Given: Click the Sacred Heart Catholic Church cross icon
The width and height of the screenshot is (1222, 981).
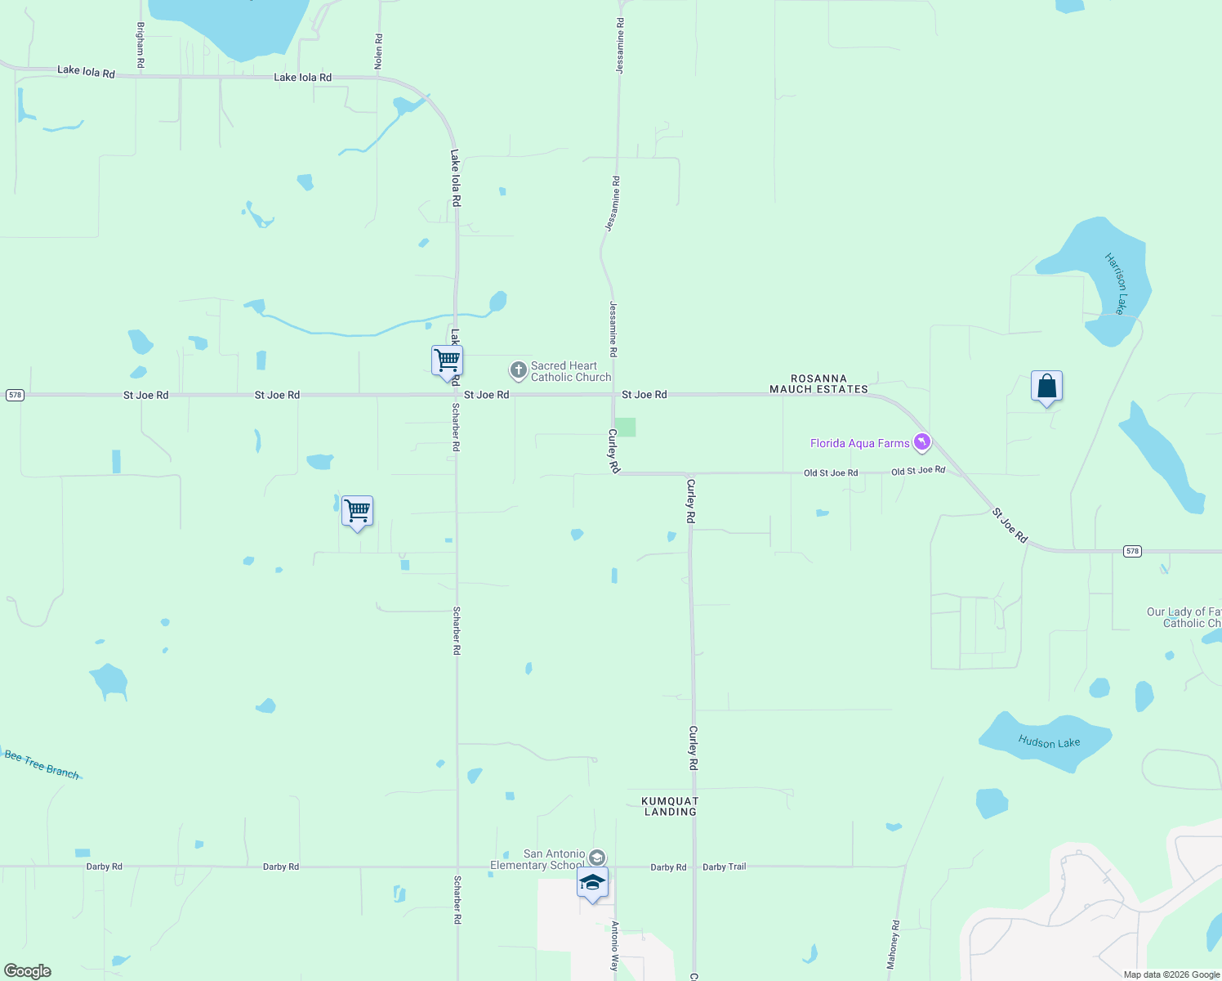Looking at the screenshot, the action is [x=518, y=371].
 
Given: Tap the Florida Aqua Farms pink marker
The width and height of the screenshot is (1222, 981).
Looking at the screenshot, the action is [x=922, y=442].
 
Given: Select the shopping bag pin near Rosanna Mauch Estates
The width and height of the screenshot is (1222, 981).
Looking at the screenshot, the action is [x=1046, y=387].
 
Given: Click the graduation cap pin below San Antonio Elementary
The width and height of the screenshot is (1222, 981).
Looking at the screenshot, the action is [x=592, y=883].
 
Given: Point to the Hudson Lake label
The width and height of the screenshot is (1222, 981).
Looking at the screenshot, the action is [x=1049, y=742].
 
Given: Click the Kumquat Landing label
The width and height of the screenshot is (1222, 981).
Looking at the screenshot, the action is [x=670, y=806].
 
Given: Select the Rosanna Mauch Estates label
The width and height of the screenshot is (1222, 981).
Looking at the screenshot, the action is [x=818, y=384].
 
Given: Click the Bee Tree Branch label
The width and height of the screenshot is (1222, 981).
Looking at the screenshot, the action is [x=42, y=764].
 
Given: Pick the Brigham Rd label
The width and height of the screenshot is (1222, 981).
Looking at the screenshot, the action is [x=140, y=44].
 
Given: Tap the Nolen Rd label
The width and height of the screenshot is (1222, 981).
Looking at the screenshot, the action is [x=378, y=51].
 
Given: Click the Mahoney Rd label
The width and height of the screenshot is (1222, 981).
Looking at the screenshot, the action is [x=894, y=944].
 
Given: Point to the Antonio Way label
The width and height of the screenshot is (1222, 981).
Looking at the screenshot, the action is [x=615, y=946].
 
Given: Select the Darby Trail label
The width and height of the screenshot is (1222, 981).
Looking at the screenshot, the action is [x=725, y=867].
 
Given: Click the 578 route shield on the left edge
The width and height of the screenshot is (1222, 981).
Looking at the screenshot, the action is [x=15, y=395].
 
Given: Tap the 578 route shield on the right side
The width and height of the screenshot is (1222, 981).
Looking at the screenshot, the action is [x=1131, y=551].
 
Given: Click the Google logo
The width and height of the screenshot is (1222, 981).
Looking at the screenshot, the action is [x=28, y=971].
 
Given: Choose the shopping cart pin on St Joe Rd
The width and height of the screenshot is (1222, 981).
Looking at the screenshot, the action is [x=447, y=361].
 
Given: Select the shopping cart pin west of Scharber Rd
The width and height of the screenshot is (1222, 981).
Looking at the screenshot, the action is [x=357, y=512].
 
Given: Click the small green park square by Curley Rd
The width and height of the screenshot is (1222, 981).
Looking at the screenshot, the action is [x=625, y=427].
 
